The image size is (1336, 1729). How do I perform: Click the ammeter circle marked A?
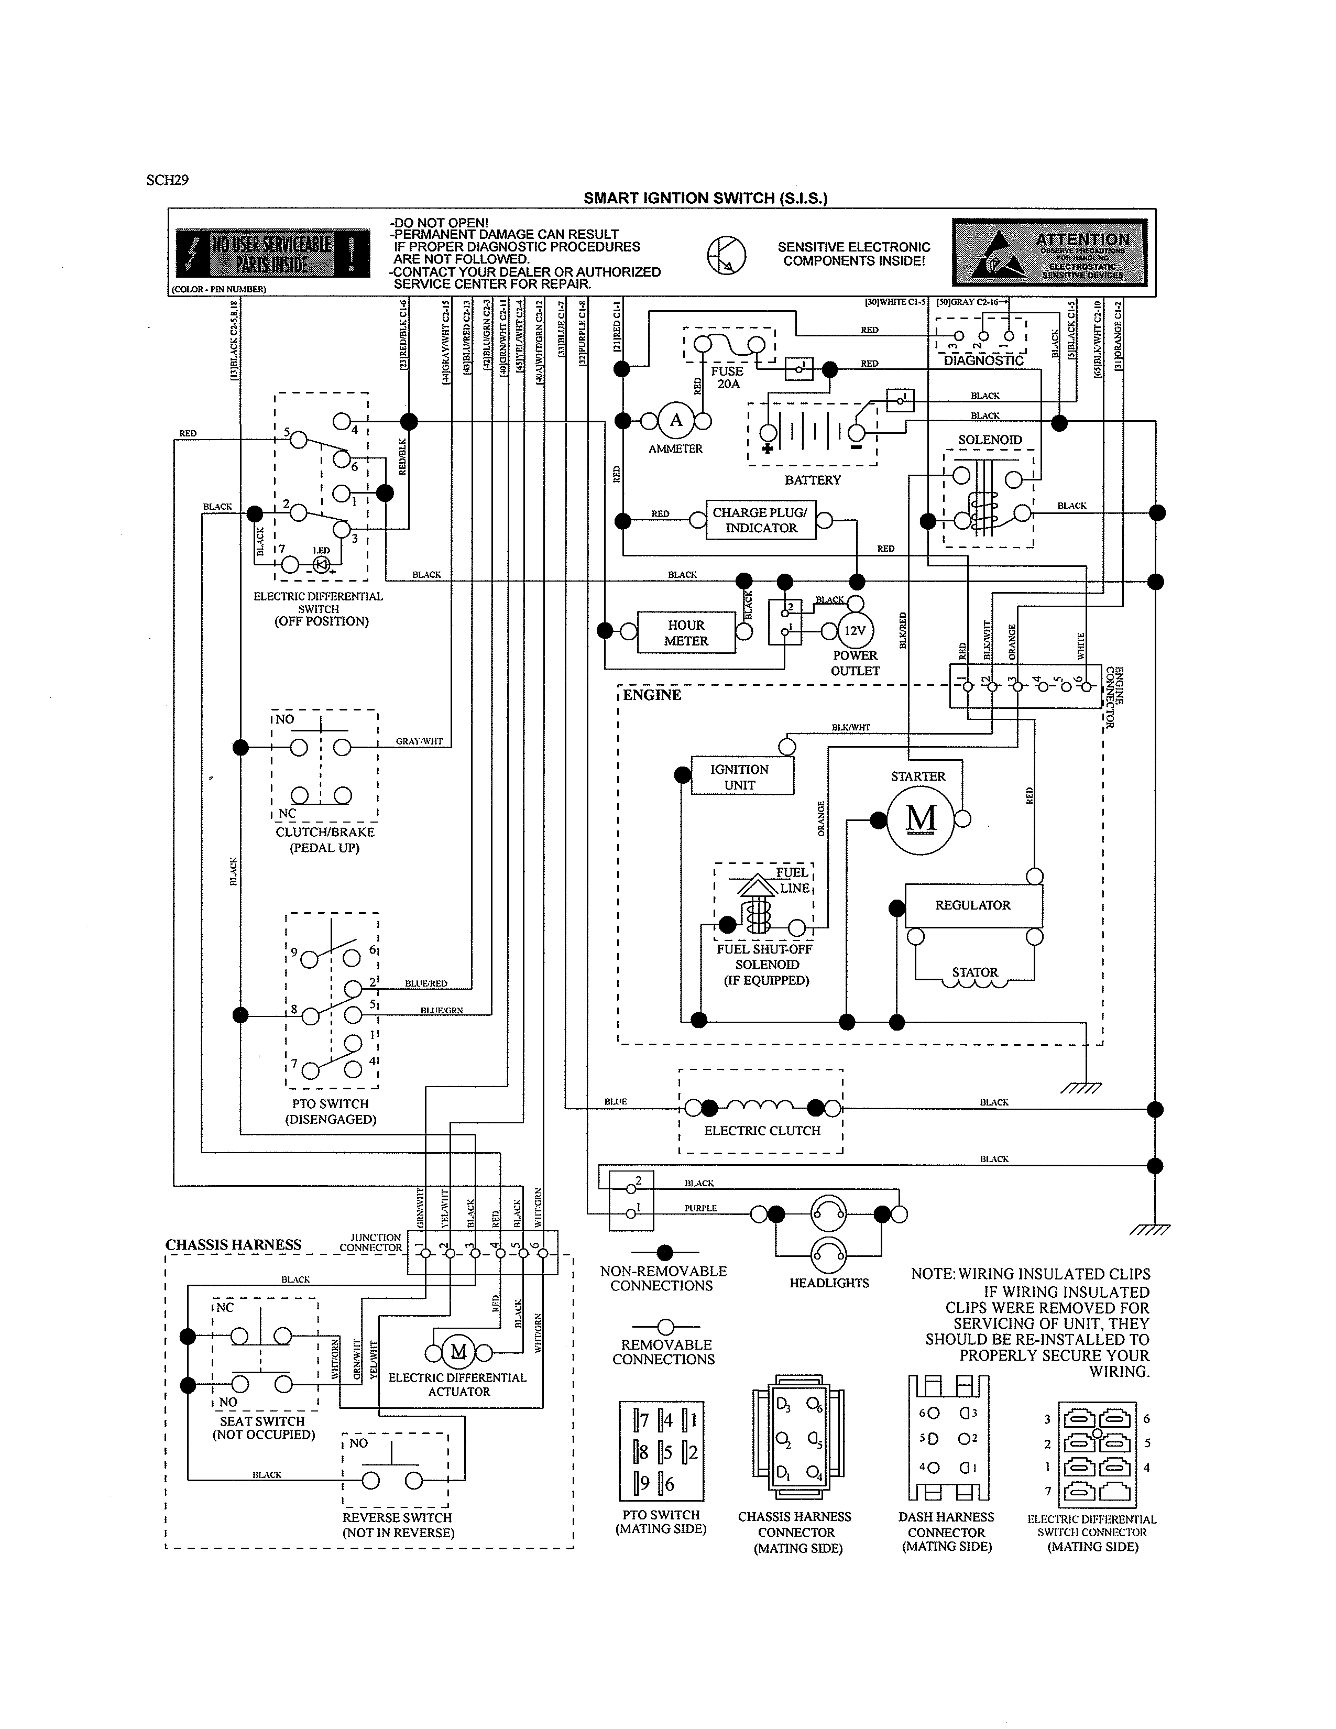(x=676, y=420)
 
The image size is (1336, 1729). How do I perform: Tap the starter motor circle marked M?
(x=921, y=819)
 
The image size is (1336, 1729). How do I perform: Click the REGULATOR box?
(x=973, y=905)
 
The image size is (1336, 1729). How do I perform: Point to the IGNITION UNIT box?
(x=740, y=776)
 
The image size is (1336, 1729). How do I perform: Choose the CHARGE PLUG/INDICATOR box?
(x=760, y=520)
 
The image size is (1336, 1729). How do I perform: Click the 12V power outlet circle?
(x=855, y=631)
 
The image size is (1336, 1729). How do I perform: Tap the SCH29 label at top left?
(x=167, y=180)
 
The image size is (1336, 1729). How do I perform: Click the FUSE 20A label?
(x=727, y=378)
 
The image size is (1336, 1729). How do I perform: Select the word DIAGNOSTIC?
(x=983, y=361)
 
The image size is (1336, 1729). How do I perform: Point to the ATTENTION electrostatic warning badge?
(x=1049, y=253)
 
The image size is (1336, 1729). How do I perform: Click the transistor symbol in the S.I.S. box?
(x=726, y=256)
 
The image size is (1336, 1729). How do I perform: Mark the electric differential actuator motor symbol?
(x=459, y=1351)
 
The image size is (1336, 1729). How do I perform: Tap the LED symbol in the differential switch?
(x=321, y=564)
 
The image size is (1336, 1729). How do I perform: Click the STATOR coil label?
(x=974, y=972)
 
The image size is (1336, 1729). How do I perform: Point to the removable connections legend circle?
(x=665, y=1326)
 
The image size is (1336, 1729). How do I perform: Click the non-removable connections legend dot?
(x=665, y=1252)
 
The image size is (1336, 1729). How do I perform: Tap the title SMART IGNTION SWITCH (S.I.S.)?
(x=705, y=198)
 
